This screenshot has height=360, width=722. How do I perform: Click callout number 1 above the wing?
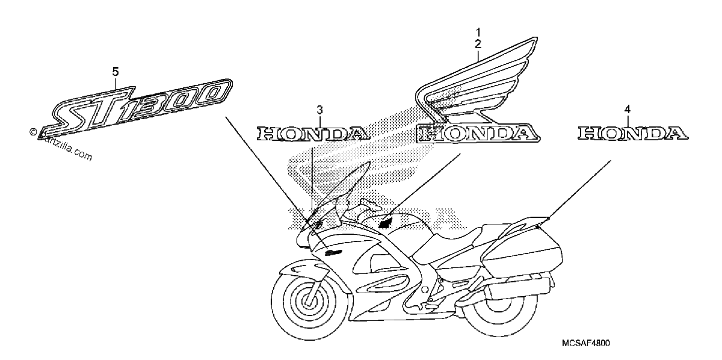[x=478, y=33]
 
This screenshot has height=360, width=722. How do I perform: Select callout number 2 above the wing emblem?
[x=478, y=44]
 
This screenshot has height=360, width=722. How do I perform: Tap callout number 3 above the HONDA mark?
[x=319, y=110]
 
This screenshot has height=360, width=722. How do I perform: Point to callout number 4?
[x=627, y=110]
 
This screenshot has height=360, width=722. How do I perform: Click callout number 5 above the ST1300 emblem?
[x=116, y=72]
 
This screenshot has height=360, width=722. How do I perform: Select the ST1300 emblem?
[x=135, y=108]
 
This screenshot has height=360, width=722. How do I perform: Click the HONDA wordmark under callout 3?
[x=313, y=134]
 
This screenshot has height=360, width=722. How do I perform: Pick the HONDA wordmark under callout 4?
[x=633, y=133]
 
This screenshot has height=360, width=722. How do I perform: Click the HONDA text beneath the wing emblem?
[x=478, y=134]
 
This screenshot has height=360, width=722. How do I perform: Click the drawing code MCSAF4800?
[x=586, y=343]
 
